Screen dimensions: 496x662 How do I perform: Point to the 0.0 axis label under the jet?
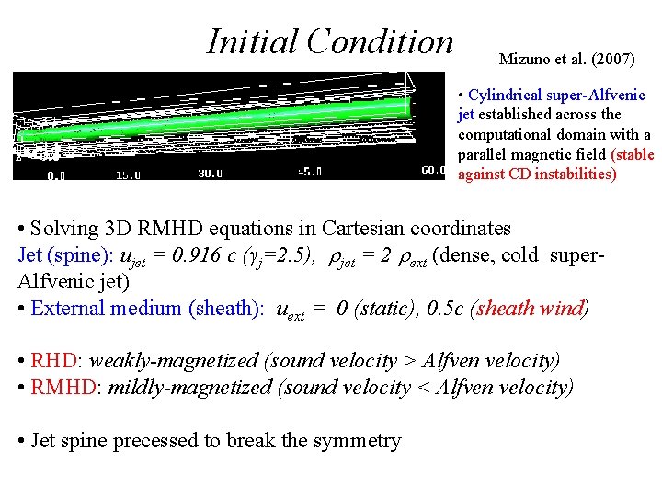[x=56, y=173]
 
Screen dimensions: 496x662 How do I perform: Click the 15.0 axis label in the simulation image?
[x=128, y=173]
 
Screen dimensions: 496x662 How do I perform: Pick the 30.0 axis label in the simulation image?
[x=211, y=173]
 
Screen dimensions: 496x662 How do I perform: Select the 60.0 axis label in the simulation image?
[x=434, y=171]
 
